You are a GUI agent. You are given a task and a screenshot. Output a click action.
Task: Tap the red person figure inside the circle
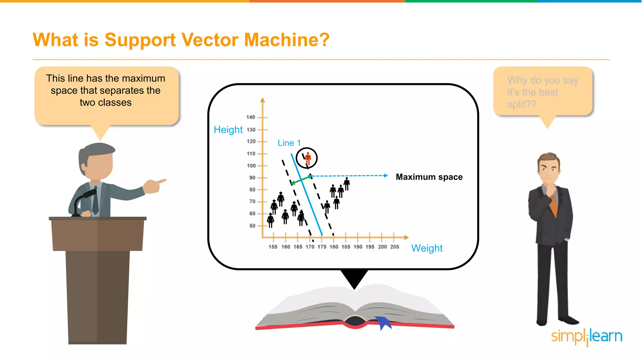click(x=308, y=158)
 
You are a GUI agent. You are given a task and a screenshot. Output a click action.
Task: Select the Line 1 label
click(x=289, y=143)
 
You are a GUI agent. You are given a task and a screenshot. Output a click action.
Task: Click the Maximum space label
click(x=429, y=177)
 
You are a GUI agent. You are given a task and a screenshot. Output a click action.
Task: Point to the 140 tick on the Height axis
click(x=251, y=117)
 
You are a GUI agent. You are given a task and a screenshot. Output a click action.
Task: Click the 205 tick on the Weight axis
click(x=394, y=247)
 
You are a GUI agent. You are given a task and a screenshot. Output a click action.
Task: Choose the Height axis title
click(x=228, y=129)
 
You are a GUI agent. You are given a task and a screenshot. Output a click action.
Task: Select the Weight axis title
click(x=427, y=248)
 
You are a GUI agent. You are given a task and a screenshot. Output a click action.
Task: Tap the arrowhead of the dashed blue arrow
click(x=386, y=175)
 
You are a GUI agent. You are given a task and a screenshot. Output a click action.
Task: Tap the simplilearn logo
click(x=586, y=337)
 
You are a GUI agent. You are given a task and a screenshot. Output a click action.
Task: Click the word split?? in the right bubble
click(x=522, y=104)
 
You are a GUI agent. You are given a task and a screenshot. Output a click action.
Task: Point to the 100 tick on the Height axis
click(x=251, y=166)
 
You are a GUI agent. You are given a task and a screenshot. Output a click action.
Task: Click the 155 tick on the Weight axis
click(x=273, y=247)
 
